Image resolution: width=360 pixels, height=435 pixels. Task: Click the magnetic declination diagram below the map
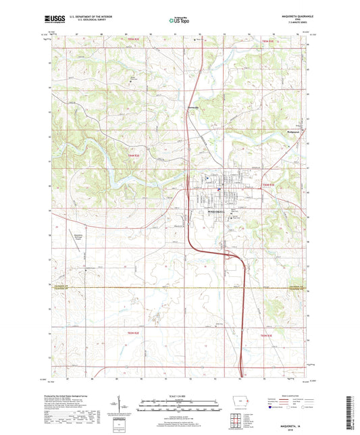click(118, 406)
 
